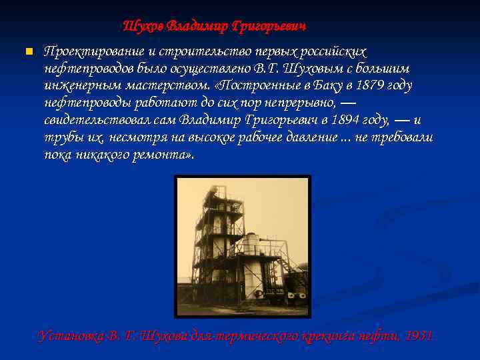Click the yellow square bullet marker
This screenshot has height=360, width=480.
point(28,52)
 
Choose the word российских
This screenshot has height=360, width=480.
point(332,52)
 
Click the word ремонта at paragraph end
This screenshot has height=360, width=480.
point(165,155)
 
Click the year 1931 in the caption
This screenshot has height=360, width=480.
point(419,335)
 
